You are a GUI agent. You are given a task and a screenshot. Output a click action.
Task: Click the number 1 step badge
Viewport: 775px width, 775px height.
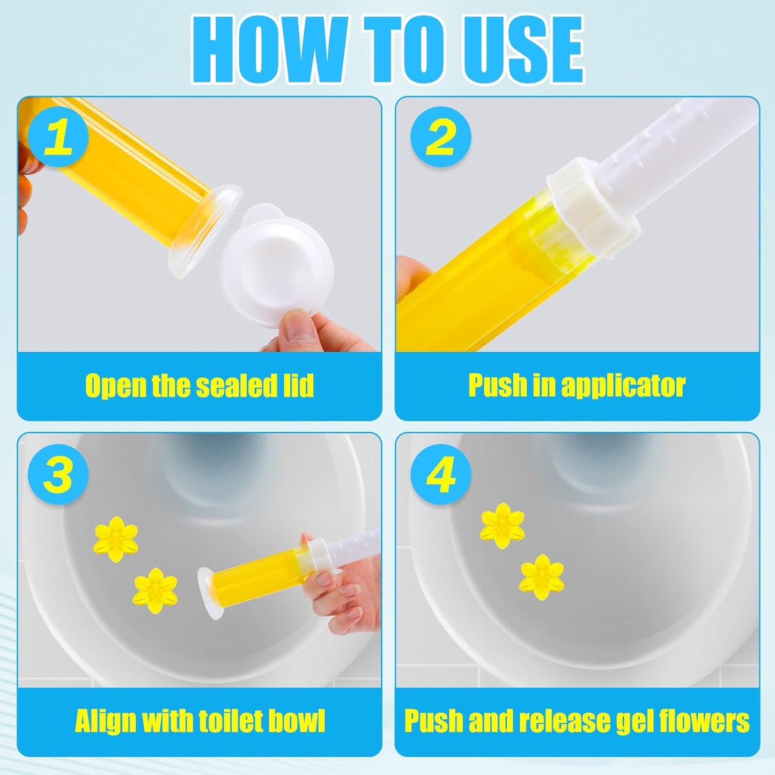[58, 137]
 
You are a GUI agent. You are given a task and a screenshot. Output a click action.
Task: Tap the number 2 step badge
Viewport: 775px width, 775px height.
[441, 137]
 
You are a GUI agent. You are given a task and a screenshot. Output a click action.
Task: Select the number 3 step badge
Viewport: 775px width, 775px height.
[58, 474]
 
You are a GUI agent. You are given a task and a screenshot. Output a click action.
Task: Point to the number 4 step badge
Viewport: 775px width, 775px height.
[441, 474]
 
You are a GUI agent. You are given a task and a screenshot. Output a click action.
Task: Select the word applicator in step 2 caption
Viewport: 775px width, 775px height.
[623, 386]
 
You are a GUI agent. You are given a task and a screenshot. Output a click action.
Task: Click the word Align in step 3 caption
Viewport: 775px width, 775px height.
[105, 720]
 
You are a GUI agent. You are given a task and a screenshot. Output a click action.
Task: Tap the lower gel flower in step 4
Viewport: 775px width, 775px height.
[542, 578]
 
